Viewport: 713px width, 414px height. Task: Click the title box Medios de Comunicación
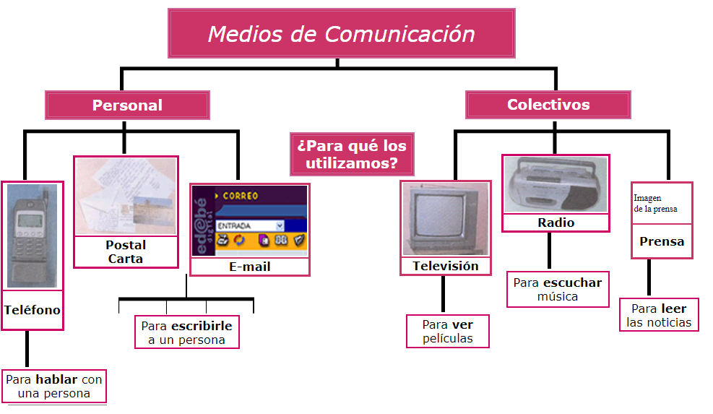tap(341, 34)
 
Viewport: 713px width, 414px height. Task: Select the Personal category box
tap(127, 105)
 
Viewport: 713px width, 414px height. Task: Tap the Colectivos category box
tap(548, 105)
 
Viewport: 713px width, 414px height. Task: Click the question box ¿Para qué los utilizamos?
tap(352, 154)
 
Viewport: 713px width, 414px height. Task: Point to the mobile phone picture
tap(32, 234)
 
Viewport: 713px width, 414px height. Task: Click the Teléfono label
tap(33, 310)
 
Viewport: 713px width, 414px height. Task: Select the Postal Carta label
tap(125, 251)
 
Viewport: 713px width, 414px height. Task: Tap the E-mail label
tap(249, 267)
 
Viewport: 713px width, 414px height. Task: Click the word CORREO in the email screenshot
tap(241, 196)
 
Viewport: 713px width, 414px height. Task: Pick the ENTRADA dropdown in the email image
tap(249, 226)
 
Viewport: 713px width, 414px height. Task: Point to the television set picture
tap(445, 219)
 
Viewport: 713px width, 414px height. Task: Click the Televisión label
tap(445, 266)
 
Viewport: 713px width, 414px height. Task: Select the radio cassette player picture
tap(556, 185)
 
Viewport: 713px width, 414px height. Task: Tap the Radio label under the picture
tap(556, 223)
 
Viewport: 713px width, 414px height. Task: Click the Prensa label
tap(661, 241)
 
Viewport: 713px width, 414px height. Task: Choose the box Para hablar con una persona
tap(54, 387)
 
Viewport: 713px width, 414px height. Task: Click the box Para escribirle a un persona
tap(186, 332)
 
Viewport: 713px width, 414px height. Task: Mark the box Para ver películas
tap(448, 331)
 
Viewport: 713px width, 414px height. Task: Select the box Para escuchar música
tap(557, 289)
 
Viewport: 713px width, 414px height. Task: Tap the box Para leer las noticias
tap(659, 316)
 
